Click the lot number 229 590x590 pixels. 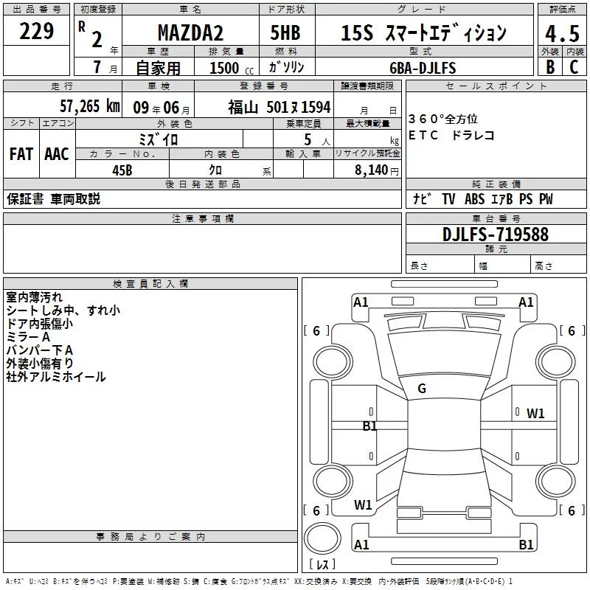coord(36,31)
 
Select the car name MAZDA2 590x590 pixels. coord(190,32)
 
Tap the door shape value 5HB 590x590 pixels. coord(285,32)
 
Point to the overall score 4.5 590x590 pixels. coord(562,34)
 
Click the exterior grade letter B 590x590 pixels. coord(550,67)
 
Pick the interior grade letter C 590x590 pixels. coord(574,67)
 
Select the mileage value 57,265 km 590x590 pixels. coord(90,106)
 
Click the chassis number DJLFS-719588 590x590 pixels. coord(496,235)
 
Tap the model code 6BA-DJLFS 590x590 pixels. coord(423,68)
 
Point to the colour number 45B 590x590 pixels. coord(122,170)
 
